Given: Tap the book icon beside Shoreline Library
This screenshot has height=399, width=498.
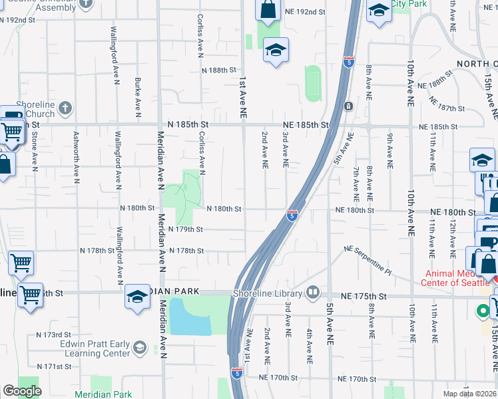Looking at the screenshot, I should pos(313,293).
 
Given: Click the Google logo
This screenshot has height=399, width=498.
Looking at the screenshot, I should pos(22,391).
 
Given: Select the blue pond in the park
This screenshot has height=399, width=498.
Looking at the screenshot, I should pos(189,317).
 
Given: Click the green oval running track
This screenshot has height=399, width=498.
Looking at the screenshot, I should pos(314,84).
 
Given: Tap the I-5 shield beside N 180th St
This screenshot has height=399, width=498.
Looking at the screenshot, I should pos(292,215).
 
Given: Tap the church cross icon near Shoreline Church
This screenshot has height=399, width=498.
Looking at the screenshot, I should pos(66,107).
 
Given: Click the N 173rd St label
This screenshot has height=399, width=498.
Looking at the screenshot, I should pos(53,334).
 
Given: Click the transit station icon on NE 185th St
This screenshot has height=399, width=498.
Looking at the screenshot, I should pos(348,106).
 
